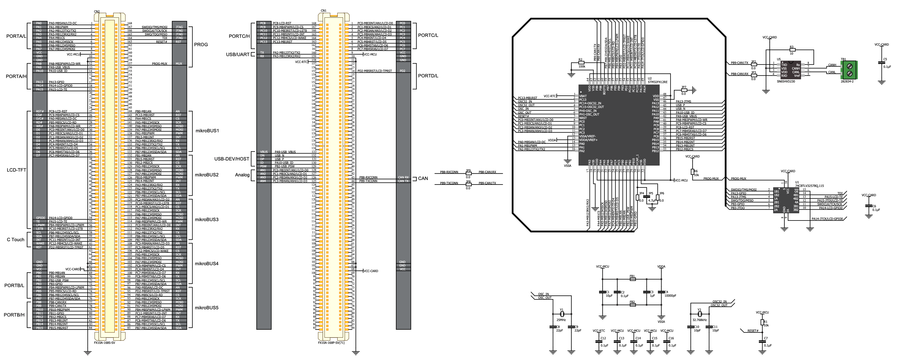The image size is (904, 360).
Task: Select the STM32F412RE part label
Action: point(657,82)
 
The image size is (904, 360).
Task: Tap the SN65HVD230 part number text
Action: point(786,81)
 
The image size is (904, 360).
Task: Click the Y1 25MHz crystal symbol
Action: point(562,314)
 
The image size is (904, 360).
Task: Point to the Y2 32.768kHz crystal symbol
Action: point(699,314)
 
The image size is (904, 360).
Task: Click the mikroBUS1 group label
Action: point(207,131)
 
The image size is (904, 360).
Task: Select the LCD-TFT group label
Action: point(17,170)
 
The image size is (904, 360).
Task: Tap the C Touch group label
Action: point(15,240)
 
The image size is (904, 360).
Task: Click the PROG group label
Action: point(201,45)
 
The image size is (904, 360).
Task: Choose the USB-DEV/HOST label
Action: point(232,159)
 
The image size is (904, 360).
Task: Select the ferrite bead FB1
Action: point(632,279)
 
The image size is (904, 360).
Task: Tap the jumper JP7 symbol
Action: point(684,90)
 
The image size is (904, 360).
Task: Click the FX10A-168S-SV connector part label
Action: point(104,343)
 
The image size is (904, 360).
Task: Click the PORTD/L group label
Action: point(428,76)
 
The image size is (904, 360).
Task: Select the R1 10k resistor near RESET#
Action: point(761,322)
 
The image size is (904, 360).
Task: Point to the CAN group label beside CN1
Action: point(423,178)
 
